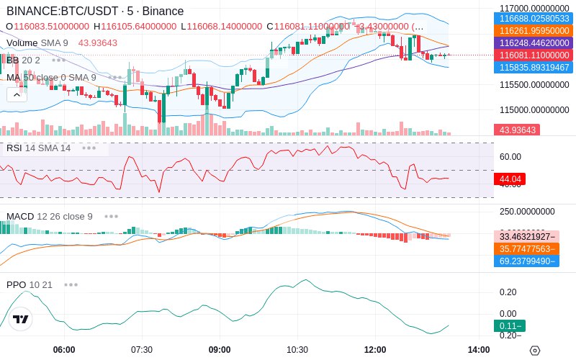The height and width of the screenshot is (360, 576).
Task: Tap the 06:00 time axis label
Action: (x=64, y=349)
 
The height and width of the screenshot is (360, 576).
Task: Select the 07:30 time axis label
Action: (x=142, y=349)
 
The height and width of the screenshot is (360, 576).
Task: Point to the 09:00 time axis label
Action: (x=220, y=349)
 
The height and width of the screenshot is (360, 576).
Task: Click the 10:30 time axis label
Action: (x=297, y=349)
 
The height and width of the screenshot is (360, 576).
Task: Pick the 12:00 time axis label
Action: (x=375, y=349)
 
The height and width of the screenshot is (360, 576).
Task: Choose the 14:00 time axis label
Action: (x=478, y=349)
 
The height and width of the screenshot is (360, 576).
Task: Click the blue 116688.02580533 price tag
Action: (x=534, y=19)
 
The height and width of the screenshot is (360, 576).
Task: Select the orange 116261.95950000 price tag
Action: (x=534, y=31)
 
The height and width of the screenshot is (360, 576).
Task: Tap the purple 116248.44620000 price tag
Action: (x=534, y=43)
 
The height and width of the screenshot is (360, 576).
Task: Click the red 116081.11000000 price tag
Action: (x=534, y=55)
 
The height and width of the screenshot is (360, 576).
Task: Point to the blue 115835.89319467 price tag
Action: (x=534, y=68)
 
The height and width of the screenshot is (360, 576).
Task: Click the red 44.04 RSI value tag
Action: (x=510, y=179)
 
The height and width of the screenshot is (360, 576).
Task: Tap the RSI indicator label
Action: (x=14, y=148)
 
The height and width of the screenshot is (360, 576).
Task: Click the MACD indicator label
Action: (x=21, y=216)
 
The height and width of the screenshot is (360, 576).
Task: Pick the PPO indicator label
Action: (x=16, y=284)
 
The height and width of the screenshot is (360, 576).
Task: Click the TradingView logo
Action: (x=21, y=319)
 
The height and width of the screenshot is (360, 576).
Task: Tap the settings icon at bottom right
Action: (x=534, y=350)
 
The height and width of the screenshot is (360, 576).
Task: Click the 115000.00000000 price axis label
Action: (x=534, y=110)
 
